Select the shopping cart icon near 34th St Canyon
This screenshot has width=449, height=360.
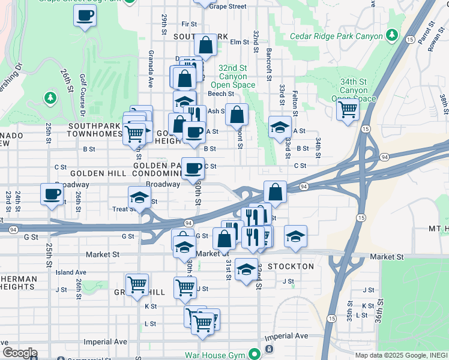pos(348,110)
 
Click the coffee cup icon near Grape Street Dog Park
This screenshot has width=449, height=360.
pos(85,16)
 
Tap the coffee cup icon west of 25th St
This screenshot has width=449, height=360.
pos(51,194)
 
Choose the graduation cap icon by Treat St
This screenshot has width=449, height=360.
pos(139,197)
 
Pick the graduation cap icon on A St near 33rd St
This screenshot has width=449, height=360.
pos(279,127)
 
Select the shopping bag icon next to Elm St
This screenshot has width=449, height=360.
pos(205,45)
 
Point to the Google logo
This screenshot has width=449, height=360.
pos(19,353)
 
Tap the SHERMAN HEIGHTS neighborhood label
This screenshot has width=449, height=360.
pos(18,283)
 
